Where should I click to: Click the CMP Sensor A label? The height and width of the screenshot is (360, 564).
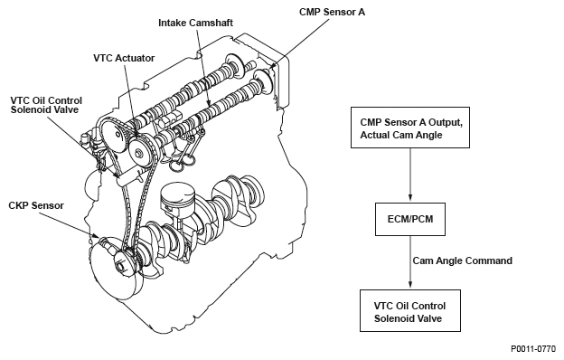point(332,12)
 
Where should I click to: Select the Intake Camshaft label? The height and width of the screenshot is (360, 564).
point(195,23)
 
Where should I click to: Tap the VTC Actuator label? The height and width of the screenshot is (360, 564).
point(124,58)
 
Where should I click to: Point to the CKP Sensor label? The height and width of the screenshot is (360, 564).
point(36,205)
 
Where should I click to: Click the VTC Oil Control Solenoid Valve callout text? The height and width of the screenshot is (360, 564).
point(46,105)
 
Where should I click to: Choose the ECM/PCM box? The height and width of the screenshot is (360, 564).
point(410,219)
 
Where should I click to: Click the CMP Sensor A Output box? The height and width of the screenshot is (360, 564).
point(410,128)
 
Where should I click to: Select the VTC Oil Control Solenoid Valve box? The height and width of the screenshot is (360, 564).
point(410,310)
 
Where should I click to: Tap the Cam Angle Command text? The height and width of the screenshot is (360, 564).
point(462,261)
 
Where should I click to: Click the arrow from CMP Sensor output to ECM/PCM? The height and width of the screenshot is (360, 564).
point(410,175)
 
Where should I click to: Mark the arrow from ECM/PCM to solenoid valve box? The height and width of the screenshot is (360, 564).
point(410,261)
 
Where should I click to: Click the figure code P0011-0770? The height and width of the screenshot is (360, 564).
point(533,349)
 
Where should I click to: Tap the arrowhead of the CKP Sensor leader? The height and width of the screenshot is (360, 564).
point(96,235)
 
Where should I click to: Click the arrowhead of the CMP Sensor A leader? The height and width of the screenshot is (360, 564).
point(272,67)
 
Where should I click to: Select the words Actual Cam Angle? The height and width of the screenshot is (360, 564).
point(401,135)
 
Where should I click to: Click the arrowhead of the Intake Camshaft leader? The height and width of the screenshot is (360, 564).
point(209,103)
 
